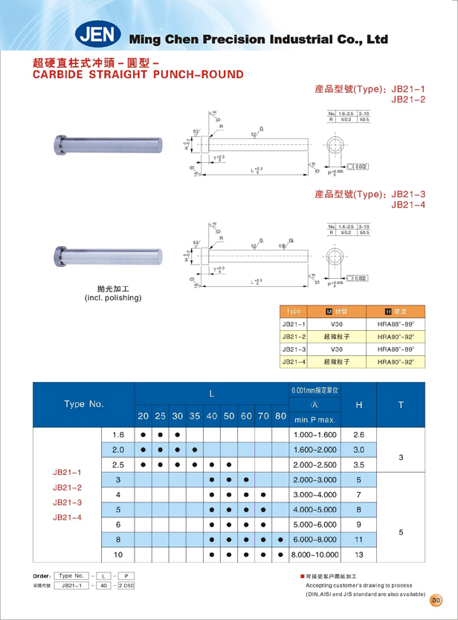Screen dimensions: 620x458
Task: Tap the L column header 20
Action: click(x=143, y=416)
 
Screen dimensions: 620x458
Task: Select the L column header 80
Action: click(x=280, y=416)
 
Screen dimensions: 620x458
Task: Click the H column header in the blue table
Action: click(x=359, y=405)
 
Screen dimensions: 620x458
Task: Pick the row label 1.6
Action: click(x=117, y=434)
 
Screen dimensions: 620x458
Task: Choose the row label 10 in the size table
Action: click(x=117, y=555)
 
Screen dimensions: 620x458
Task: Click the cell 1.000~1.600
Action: click(x=315, y=434)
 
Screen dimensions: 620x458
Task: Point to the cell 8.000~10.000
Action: click(x=315, y=555)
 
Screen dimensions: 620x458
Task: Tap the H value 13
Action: click(x=359, y=555)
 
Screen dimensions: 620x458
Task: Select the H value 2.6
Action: click(x=359, y=434)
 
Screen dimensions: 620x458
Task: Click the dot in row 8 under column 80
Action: click(x=280, y=540)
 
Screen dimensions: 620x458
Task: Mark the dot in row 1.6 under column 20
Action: click(x=143, y=434)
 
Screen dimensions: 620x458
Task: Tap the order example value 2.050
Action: click(x=129, y=587)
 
